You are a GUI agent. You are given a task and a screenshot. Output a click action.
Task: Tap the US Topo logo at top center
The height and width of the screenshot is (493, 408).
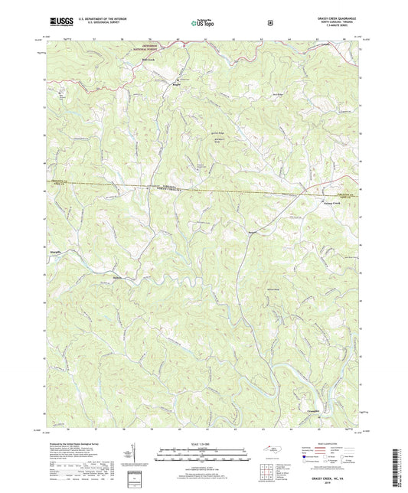pyautogui.click(x=201, y=24)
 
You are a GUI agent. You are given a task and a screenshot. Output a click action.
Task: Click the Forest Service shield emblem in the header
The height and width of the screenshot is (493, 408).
pyautogui.click(x=269, y=23)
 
